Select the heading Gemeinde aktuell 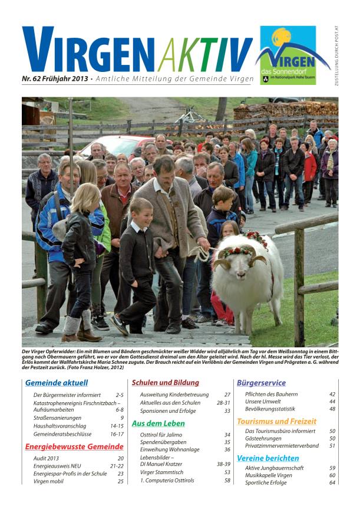[x=57, y=382]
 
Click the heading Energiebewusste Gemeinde [x=74, y=446]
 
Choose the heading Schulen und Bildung [x=165, y=382]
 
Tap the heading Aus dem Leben [x=158, y=423]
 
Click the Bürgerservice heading [x=262, y=382]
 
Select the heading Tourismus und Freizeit [x=276, y=421]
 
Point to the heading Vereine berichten [x=267, y=458]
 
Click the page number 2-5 [x=119, y=395]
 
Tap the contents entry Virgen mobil [x=49, y=481]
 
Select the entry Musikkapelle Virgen [x=269, y=475]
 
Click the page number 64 [x=332, y=482]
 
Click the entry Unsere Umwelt [x=263, y=401]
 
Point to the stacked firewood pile [x=283, y=110]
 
